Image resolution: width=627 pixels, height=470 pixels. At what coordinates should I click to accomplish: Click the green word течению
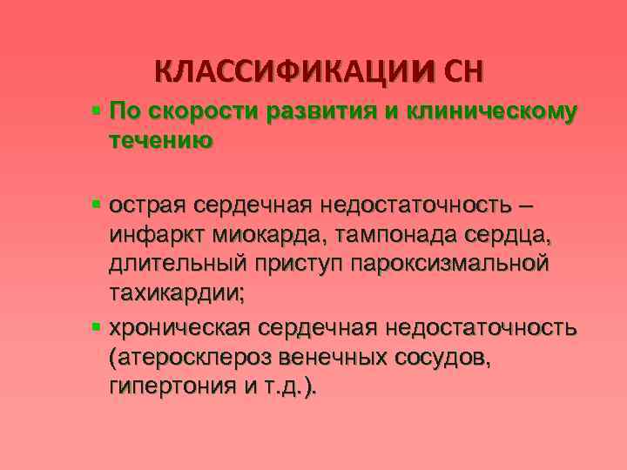[160, 139]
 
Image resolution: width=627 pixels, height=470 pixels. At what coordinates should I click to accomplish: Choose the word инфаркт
[157, 236]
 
